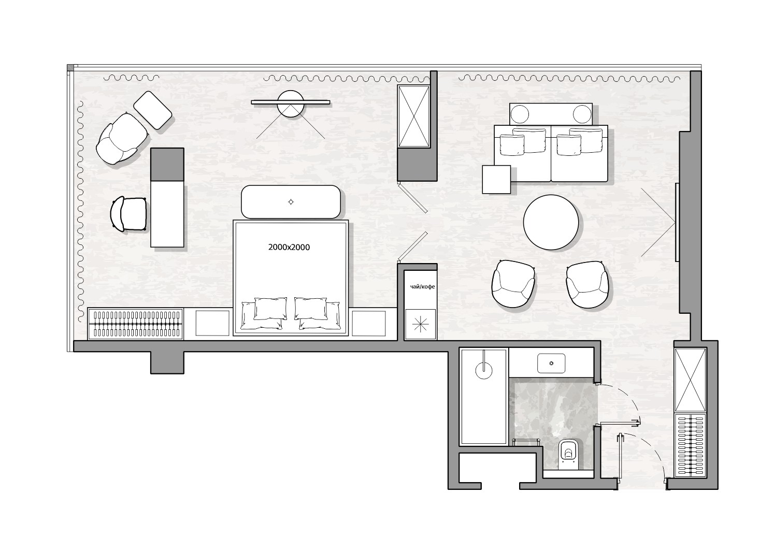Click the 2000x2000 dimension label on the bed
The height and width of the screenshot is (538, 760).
[x=289, y=248]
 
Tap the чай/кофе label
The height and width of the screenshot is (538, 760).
[x=422, y=287]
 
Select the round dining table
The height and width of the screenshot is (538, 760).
[x=551, y=222]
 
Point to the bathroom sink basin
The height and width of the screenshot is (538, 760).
[x=551, y=363]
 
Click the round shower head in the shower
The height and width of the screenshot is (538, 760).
[x=484, y=371]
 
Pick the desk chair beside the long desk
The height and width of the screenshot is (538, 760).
[x=128, y=214]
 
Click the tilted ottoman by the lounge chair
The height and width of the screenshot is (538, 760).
[x=152, y=110]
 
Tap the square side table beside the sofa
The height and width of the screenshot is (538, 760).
[x=496, y=180]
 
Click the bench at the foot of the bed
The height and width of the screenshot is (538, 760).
[x=291, y=202]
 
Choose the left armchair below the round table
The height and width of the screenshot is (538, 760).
[x=513, y=284]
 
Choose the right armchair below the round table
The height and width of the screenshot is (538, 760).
[x=587, y=284]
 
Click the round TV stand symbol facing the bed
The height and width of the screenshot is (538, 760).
[x=291, y=104]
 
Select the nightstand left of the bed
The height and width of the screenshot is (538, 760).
[x=212, y=323]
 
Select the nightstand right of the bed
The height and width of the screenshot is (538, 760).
[x=368, y=323]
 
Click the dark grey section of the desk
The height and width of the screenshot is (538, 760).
[x=167, y=164]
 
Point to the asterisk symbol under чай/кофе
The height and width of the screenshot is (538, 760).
[x=420, y=324]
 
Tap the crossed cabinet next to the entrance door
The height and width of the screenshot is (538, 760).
[x=690, y=380]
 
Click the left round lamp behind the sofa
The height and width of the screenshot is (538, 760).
[x=520, y=114]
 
